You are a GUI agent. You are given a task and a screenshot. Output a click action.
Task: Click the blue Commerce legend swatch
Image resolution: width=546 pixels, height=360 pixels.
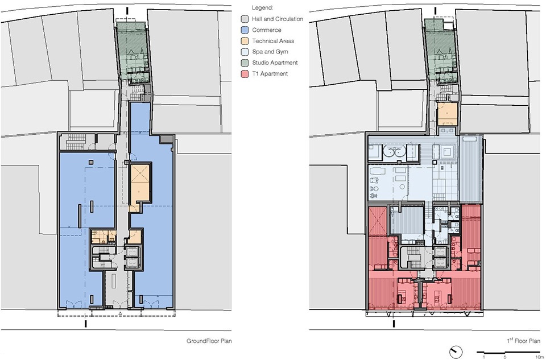245,30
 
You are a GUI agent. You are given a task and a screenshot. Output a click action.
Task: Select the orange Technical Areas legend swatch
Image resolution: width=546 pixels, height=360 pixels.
245,41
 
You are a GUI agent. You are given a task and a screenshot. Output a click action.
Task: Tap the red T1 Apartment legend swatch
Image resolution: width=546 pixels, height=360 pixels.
245,73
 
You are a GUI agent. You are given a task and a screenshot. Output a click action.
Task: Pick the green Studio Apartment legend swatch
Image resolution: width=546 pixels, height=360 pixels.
245,63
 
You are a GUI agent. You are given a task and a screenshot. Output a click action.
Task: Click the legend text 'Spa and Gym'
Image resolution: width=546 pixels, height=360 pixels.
270,52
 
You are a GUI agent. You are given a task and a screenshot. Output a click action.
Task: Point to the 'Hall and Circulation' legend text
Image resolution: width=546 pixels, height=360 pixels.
278,19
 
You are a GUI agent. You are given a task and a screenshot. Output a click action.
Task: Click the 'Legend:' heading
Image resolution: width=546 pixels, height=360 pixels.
263,7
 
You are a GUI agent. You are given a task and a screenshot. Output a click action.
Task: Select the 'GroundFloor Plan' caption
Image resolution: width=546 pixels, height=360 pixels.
209,341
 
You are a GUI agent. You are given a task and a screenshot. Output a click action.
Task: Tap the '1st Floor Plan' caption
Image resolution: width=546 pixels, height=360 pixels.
523,341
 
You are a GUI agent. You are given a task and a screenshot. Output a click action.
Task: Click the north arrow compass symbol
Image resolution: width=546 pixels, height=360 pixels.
456,351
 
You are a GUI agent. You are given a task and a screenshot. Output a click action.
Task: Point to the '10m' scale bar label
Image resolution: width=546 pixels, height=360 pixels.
536,357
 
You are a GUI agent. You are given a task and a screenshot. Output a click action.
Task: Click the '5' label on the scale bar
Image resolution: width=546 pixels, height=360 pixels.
505,357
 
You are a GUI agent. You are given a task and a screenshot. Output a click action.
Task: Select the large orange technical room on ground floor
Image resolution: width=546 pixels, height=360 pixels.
140,183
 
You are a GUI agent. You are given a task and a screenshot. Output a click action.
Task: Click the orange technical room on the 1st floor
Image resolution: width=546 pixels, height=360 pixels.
448,114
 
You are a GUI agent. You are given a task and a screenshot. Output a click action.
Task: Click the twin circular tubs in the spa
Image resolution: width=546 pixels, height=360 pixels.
394,152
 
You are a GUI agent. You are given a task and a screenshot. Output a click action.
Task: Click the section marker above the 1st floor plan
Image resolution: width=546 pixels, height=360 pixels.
435,11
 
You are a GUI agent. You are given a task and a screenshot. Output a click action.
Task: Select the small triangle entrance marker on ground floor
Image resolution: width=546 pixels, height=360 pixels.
120,314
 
